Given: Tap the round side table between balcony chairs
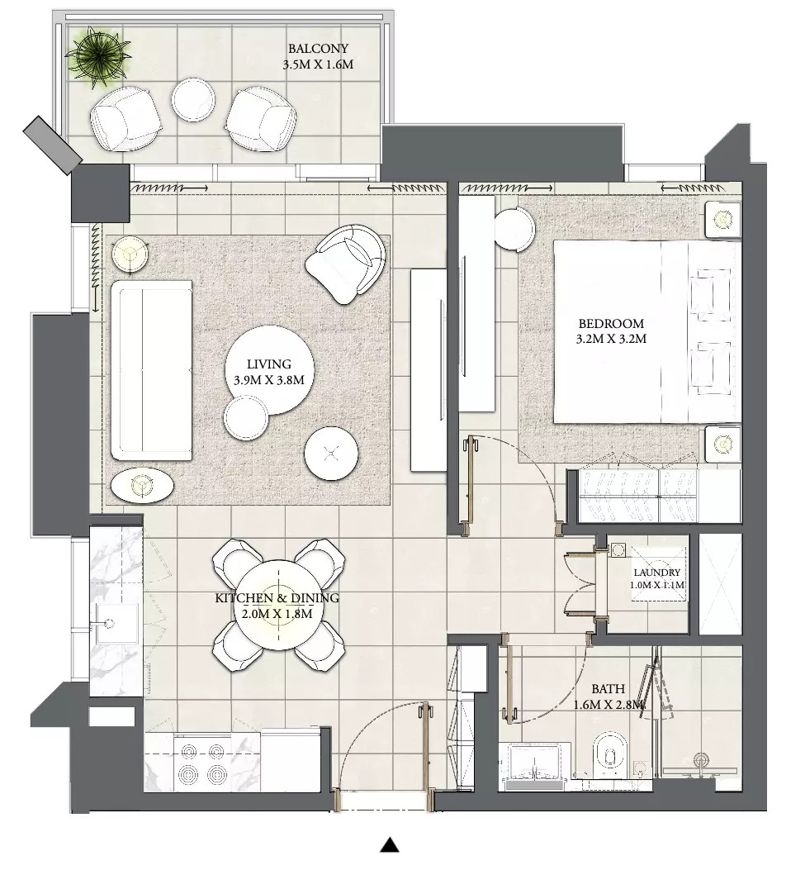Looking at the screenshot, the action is point(193,100).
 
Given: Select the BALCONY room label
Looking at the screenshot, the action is point(318,49).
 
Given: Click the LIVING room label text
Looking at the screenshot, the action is point(268,364).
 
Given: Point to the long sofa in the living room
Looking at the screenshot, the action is point(151,370).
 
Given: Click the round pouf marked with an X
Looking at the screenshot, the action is point(331,453).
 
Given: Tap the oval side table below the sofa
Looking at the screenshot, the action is point(142,485).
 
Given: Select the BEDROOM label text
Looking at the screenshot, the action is point(611,324).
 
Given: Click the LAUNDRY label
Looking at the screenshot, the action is point(656,573).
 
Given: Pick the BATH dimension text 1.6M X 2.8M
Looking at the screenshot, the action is point(609,706).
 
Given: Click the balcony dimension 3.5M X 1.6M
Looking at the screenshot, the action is point(318,64).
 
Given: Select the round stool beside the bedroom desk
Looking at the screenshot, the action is point(514,229).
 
